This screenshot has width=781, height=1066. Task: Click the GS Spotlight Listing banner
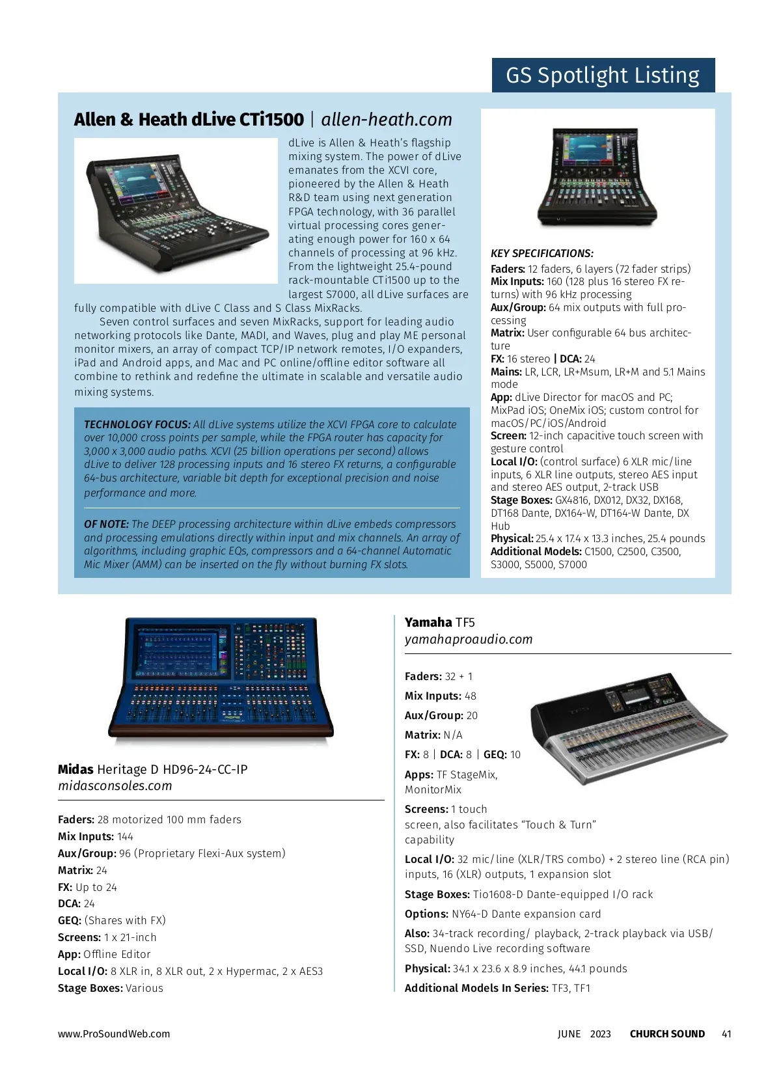[603, 75]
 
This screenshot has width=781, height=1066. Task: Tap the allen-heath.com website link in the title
[387, 120]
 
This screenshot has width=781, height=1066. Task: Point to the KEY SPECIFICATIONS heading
[541, 254]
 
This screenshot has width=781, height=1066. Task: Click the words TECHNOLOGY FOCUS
[137, 424]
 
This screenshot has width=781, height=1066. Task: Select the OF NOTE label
[106, 524]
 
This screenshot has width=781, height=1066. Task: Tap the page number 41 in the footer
[726, 1033]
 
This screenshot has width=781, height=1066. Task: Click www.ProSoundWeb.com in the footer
[114, 1033]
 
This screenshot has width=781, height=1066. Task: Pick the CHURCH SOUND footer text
[667, 1033]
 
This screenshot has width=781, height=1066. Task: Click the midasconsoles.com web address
[115, 786]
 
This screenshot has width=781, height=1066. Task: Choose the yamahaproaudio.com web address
[469, 639]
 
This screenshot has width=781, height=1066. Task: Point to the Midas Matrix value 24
[102, 870]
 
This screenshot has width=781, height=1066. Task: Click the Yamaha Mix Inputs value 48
[471, 696]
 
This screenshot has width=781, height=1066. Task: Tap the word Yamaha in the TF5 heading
[428, 622]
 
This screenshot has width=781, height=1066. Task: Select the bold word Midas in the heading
[75, 769]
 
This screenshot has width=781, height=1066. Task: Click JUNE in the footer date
[569, 1033]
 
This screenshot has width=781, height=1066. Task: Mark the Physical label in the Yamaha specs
[427, 968]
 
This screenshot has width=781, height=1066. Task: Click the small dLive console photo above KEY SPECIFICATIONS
[597, 176]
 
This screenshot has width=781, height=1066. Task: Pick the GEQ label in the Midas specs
[69, 920]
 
